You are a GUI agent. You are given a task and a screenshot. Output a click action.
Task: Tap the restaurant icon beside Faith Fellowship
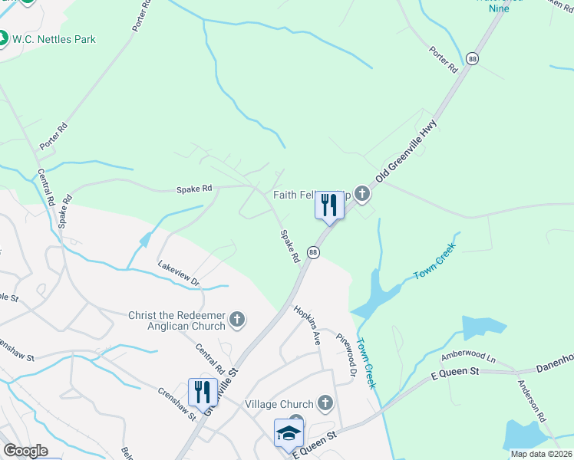(x=329, y=205)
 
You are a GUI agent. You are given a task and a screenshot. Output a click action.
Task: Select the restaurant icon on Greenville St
(x=202, y=392)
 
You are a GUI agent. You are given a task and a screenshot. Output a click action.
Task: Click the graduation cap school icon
(x=289, y=433)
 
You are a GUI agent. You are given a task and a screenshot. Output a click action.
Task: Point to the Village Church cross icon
(x=325, y=403)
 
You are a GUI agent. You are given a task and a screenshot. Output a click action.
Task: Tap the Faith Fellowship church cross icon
(x=362, y=195)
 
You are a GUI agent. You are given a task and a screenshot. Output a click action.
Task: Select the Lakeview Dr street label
(x=178, y=271)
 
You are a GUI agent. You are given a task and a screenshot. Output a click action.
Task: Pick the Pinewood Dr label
(x=348, y=354)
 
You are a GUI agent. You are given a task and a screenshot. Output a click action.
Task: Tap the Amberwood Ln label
(x=468, y=358)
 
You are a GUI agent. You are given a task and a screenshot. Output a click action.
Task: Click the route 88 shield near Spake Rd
(x=313, y=251)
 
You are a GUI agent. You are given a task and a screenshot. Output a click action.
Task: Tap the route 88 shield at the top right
(x=472, y=58)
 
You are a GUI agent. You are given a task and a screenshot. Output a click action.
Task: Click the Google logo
(x=25, y=451)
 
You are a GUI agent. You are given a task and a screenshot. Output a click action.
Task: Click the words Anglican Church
(x=186, y=325)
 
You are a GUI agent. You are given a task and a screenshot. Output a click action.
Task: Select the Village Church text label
(x=279, y=404)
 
